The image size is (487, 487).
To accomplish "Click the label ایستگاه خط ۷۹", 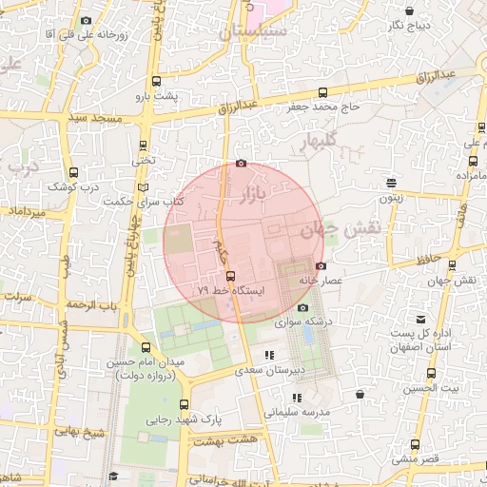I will [x=232, y=288].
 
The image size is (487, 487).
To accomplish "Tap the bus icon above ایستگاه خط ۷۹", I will [x=230, y=276].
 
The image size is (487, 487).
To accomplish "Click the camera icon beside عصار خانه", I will [x=321, y=265].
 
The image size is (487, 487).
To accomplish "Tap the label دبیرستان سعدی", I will [x=272, y=369].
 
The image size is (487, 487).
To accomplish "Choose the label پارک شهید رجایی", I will [x=184, y=419].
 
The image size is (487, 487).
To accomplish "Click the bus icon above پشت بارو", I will [x=157, y=82].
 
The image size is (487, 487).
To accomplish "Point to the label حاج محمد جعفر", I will [x=323, y=107].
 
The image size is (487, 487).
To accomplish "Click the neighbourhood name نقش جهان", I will [x=340, y=228].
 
